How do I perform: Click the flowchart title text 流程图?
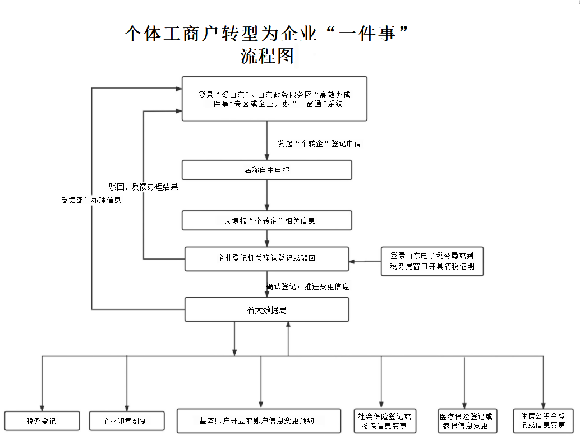pyautogui.click(x=267, y=56)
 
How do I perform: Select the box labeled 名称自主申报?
pyautogui.click(x=266, y=170)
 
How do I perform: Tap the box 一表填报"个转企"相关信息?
pyautogui.click(x=266, y=220)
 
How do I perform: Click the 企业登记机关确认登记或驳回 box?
pyautogui.click(x=266, y=258)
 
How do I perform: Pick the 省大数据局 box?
pyautogui.click(x=266, y=309)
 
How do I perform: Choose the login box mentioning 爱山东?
pyautogui.click(x=274, y=99)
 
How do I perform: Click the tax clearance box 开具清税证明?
pyautogui.click(x=432, y=261)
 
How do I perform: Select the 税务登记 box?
pyautogui.click(x=42, y=420)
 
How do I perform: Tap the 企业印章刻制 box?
pyautogui.click(x=127, y=421)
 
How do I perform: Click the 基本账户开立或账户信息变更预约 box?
pyautogui.click(x=259, y=420)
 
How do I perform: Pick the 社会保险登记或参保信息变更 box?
pyautogui.click(x=385, y=421)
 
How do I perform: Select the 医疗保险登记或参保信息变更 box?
pyautogui.click(x=466, y=421)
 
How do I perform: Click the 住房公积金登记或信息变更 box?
pyautogui.click(x=543, y=420)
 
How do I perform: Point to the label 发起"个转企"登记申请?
pyautogui.click(x=319, y=143)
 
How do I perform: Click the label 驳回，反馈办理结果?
pyautogui.click(x=143, y=187)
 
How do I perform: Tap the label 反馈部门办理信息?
pyautogui.click(x=91, y=200)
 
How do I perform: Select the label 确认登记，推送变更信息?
pyautogui.click(x=308, y=286)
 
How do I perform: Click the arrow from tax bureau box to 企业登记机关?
pyautogui.click(x=365, y=261)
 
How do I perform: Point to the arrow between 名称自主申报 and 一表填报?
pyautogui.click(x=266, y=195)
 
